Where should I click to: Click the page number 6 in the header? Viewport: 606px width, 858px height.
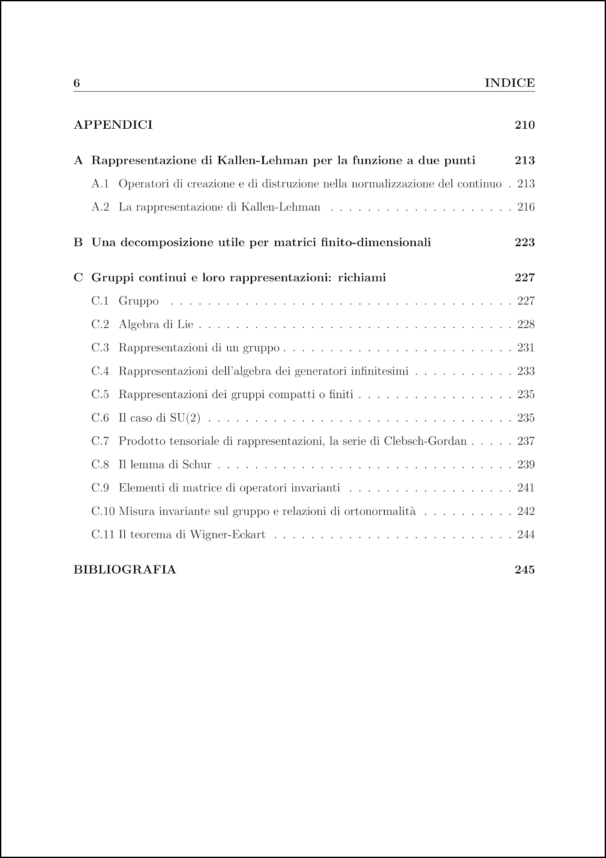(77, 83)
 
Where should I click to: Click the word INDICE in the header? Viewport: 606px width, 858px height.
(509, 83)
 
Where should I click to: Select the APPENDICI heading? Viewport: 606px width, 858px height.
(113, 125)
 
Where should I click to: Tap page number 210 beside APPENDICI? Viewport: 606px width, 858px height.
(525, 125)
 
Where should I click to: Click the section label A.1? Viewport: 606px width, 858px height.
(100, 184)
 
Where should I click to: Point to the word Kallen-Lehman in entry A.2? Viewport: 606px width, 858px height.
(280, 207)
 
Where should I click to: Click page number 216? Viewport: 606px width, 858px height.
(526, 207)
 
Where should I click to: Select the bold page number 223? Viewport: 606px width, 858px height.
(525, 242)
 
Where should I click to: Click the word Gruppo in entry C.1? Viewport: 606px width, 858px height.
(138, 301)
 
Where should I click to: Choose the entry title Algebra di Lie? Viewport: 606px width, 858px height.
(156, 324)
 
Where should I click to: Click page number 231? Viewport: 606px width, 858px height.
(526, 347)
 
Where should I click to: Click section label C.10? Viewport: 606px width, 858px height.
(103, 511)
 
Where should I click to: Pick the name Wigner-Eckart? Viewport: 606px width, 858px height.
(228, 535)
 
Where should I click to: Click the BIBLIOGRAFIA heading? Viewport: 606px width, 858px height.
(125, 570)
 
